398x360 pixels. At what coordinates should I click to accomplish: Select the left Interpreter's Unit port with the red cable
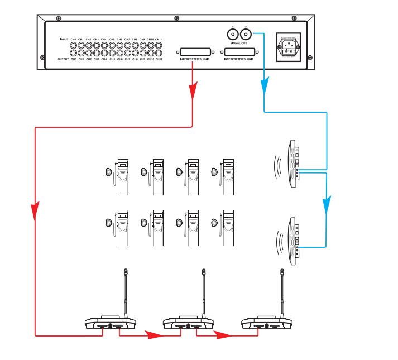(x=195, y=51)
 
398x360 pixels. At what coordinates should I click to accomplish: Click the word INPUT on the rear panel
(x=64, y=40)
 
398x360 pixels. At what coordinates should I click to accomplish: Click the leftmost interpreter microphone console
(x=111, y=323)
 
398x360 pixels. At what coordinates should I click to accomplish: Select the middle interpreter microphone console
(x=189, y=323)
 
